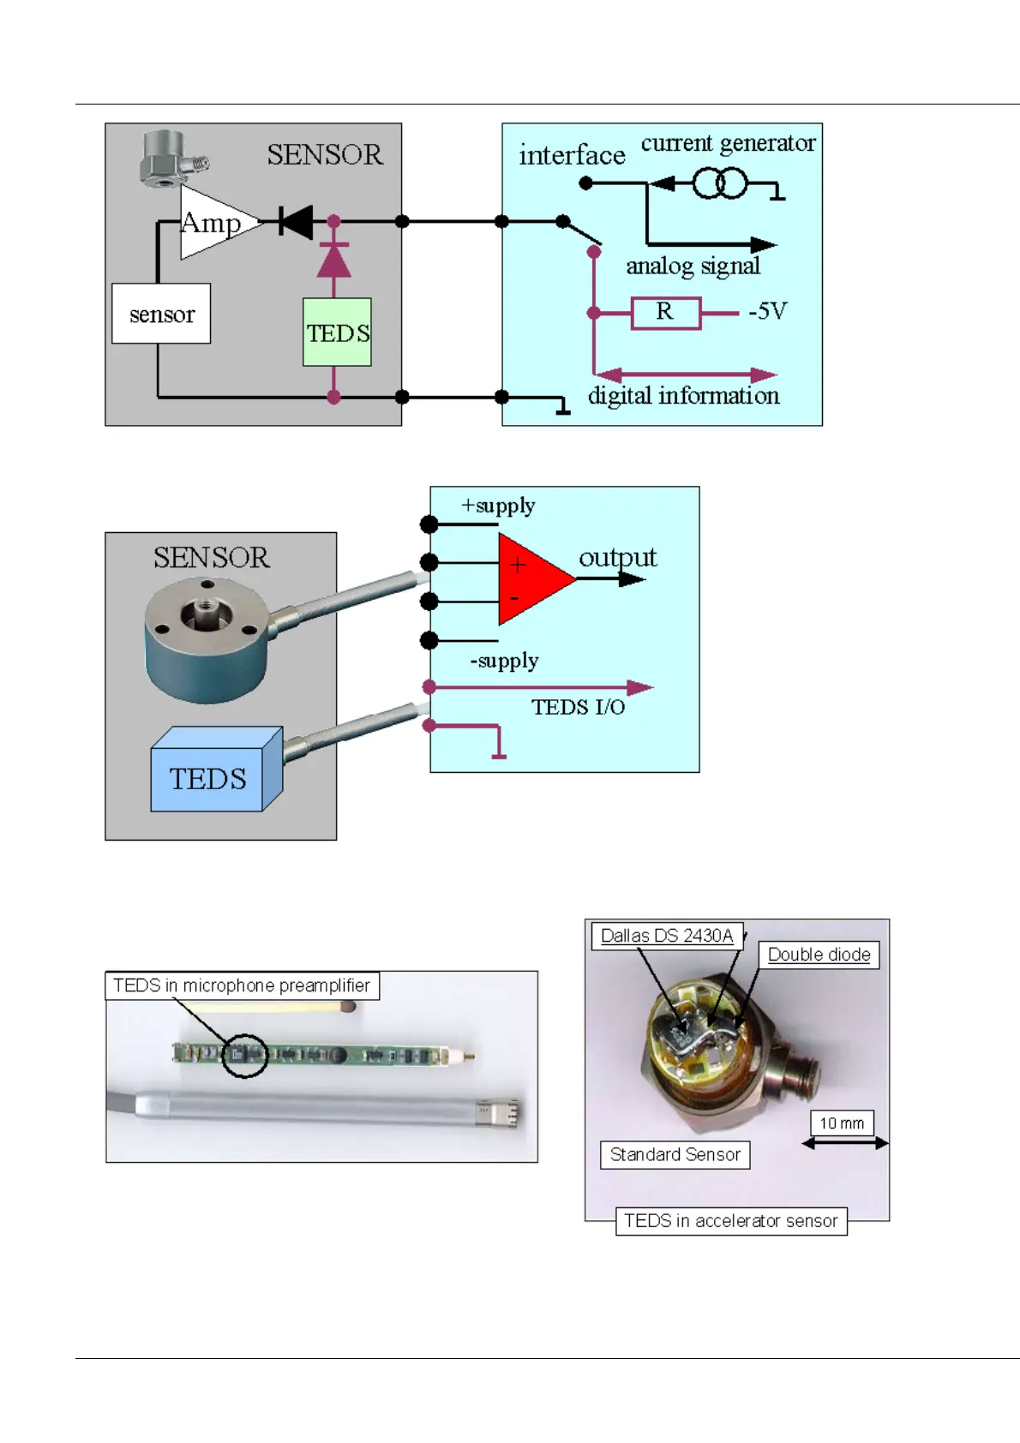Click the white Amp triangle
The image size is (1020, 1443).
[213, 223]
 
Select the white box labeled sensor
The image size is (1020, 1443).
[161, 314]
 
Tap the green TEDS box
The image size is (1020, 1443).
[337, 332]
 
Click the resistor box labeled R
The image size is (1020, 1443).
[665, 313]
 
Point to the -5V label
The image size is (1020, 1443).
[767, 311]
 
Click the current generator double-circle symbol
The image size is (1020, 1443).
[720, 183]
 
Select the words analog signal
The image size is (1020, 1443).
[693, 266]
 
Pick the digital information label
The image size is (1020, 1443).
[683, 396]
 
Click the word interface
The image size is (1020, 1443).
[572, 155]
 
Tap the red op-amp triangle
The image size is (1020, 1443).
[529, 579]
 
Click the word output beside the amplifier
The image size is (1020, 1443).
[617, 558]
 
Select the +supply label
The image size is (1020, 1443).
[498, 506]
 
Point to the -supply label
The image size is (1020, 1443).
[504, 661]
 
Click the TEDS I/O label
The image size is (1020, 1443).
[578, 707]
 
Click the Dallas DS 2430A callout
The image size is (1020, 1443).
[667, 936]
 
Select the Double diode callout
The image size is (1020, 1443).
[819, 955]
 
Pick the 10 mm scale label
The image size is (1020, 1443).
[842, 1123]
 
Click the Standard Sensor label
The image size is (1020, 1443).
[675, 1154]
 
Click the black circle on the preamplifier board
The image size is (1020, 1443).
[245, 1055]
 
